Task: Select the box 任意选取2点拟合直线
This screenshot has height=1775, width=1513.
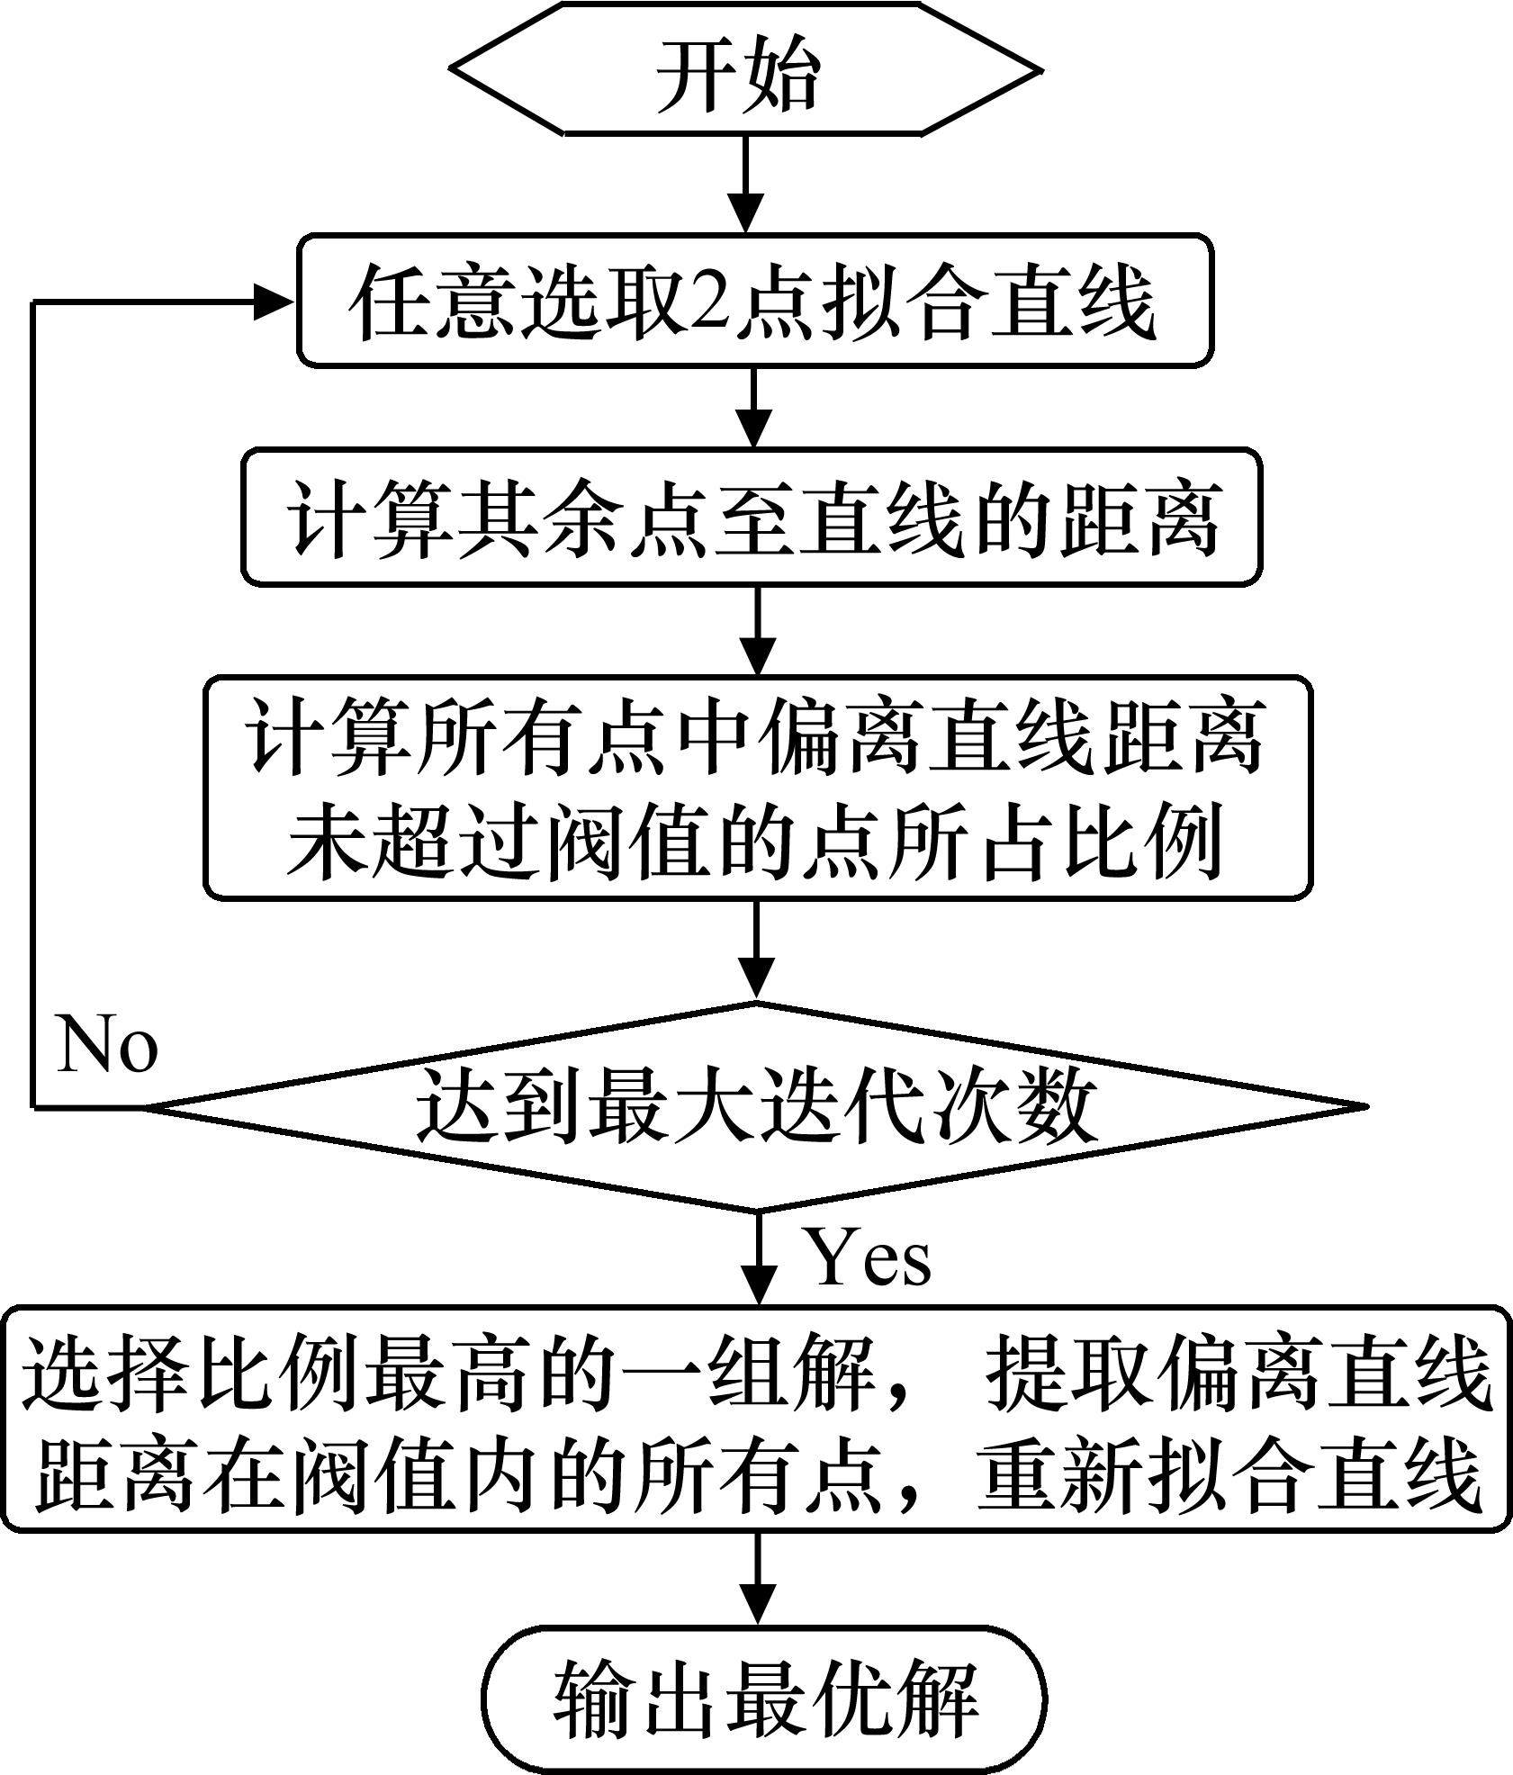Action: (x=754, y=301)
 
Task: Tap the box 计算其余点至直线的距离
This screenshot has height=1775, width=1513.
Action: (x=752, y=518)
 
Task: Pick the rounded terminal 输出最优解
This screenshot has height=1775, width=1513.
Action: (x=763, y=1698)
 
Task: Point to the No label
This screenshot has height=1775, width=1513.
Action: (x=107, y=1045)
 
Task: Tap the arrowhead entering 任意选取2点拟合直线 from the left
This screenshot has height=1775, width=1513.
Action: (x=275, y=301)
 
